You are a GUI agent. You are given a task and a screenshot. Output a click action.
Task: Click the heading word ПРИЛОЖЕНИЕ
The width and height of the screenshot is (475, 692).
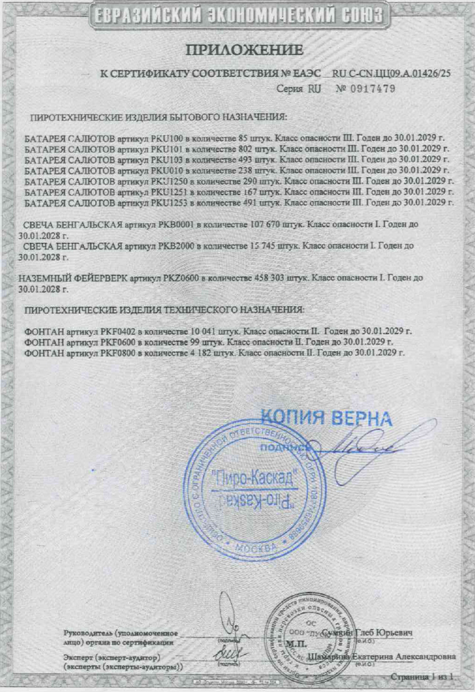pyautogui.click(x=245, y=49)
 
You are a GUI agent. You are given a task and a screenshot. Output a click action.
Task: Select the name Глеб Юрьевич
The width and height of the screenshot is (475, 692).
pyautogui.click(x=382, y=633)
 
